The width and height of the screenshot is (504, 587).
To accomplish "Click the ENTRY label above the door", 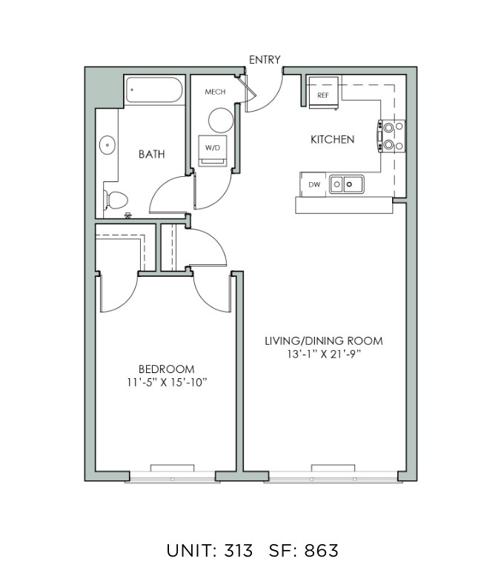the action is click(265, 60).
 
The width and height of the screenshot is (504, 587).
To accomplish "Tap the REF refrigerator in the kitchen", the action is click(323, 93).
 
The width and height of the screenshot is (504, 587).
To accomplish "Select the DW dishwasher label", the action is click(314, 184).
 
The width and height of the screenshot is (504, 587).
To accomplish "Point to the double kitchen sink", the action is click(347, 184).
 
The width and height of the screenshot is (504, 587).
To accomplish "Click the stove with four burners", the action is click(391, 136).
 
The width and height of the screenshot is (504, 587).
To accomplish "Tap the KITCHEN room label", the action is click(332, 140).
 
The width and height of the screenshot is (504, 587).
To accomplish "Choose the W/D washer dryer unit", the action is click(213, 150).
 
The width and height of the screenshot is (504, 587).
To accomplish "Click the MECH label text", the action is click(215, 92).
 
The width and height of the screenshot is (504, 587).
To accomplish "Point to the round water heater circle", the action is click(221, 120).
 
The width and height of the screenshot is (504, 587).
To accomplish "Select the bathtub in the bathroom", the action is click(154, 90).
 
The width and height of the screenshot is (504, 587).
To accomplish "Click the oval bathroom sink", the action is click(107, 145).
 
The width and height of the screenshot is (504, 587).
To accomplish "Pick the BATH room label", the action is click(152, 154).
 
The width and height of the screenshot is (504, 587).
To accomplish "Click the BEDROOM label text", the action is click(167, 369).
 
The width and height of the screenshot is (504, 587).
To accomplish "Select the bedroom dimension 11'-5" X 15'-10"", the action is click(167, 383).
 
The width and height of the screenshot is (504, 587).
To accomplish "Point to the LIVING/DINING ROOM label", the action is click(324, 341).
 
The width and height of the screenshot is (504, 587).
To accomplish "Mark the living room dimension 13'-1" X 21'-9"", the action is click(324, 354).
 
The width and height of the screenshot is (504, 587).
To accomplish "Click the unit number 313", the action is click(239, 551).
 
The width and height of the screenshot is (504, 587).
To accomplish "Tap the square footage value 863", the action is click(322, 551).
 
